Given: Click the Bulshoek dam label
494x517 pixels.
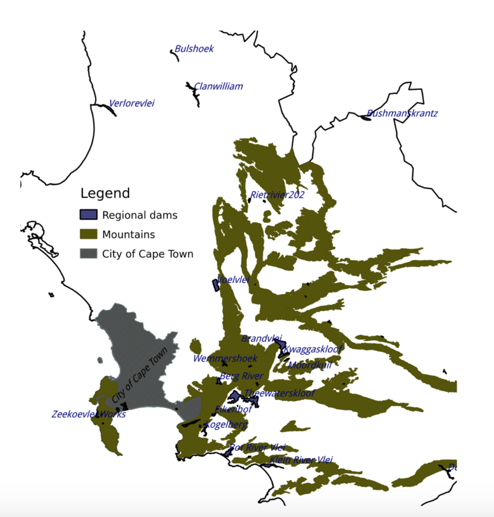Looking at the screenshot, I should click(x=194, y=49).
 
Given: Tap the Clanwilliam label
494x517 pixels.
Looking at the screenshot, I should click(x=218, y=86).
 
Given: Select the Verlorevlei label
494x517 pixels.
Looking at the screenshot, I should click(x=132, y=103).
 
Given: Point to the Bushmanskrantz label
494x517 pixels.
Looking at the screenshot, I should click(x=402, y=113).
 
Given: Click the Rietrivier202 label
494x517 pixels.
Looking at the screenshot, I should click(x=277, y=195).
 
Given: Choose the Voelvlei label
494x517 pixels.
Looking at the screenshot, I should click(x=234, y=279).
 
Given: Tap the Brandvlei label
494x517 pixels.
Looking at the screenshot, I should click(x=261, y=339).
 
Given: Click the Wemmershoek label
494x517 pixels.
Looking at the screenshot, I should click(x=225, y=358).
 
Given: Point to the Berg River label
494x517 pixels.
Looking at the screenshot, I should click(x=241, y=376).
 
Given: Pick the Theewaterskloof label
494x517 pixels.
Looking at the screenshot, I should click(x=279, y=393).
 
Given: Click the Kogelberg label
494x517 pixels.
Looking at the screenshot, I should click(x=226, y=424).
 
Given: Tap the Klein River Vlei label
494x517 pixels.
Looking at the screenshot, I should click(x=301, y=460).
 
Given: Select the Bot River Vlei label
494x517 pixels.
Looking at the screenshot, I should click(x=258, y=448).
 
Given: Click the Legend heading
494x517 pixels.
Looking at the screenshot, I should click(x=105, y=193).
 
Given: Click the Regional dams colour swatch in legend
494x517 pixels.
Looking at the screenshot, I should click(x=89, y=214).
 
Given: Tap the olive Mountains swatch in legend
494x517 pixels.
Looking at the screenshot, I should click(x=89, y=234).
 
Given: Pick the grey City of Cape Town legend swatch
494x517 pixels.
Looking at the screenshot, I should click(x=89, y=253).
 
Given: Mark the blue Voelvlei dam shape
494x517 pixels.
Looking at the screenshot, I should click(x=215, y=285).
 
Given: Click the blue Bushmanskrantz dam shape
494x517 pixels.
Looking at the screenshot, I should click(x=366, y=118).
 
